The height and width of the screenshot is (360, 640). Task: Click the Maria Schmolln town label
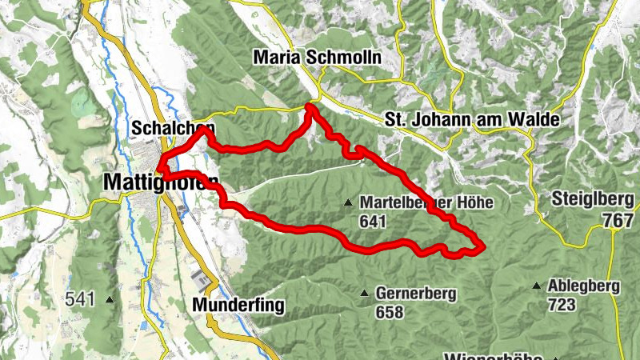317,58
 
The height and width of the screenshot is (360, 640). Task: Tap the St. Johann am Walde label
470,118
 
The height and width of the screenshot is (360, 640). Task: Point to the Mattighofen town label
160,183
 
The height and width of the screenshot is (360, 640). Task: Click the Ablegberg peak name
584,286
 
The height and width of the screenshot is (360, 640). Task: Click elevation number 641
374,221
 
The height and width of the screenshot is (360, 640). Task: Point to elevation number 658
389,313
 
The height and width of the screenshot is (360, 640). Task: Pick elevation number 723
562,304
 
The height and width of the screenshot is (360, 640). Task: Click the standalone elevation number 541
81,299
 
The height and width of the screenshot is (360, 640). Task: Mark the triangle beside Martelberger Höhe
348,203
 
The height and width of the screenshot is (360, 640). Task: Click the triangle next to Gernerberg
365,294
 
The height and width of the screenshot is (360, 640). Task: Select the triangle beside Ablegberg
536,285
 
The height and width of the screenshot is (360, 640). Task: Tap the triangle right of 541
109,300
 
